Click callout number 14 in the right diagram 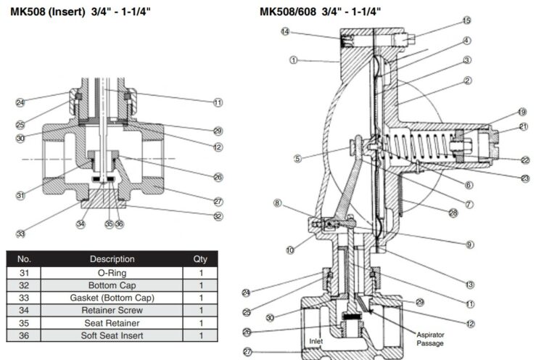click(286, 31)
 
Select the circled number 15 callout click(466, 20)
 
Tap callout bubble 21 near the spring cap click(522, 127)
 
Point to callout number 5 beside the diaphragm click(297, 158)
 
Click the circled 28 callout click(453, 213)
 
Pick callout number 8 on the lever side click(277, 203)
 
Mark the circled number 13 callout click(470, 284)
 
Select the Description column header click(112, 258)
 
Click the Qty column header click(199, 258)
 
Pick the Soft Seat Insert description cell click(112, 336)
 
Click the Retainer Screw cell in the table click(112, 310)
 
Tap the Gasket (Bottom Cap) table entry click(112, 298)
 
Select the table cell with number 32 click(25, 285)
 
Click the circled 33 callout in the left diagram click(20, 233)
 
